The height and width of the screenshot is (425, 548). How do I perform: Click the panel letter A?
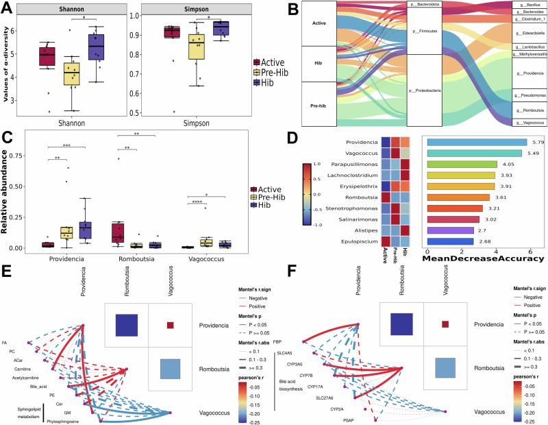pyautogui.click(x=8, y=8)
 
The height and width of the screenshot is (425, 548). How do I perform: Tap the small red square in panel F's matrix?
pyautogui.click(x=446, y=323)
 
